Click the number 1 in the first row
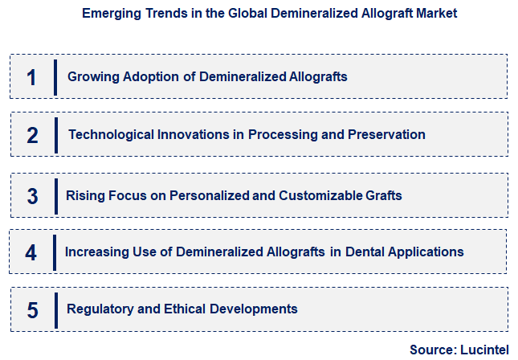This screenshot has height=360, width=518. [31, 77]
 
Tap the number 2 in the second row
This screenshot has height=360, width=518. [32, 135]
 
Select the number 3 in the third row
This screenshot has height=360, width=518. [32, 195]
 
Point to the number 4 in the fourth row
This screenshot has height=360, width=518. [31, 252]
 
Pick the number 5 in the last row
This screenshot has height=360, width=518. [32, 309]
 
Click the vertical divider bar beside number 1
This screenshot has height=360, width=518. [55, 77]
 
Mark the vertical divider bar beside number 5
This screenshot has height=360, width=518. [55, 309]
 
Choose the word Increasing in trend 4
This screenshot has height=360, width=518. [97, 252]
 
